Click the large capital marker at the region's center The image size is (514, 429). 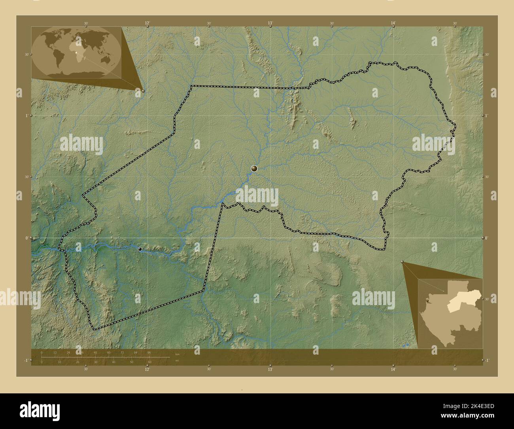[254, 169]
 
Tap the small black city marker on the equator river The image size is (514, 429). [140, 249]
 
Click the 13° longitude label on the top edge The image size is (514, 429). [270, 23]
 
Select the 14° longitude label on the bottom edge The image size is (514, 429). [393, 369]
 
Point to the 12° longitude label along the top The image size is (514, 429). [147, 23]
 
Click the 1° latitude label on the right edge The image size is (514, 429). [487, 115]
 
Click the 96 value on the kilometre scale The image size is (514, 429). [149, 352]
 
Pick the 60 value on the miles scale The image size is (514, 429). [149, 362]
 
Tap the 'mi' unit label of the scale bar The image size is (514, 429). [177, 361]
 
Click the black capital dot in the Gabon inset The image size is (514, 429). [427, 302]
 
